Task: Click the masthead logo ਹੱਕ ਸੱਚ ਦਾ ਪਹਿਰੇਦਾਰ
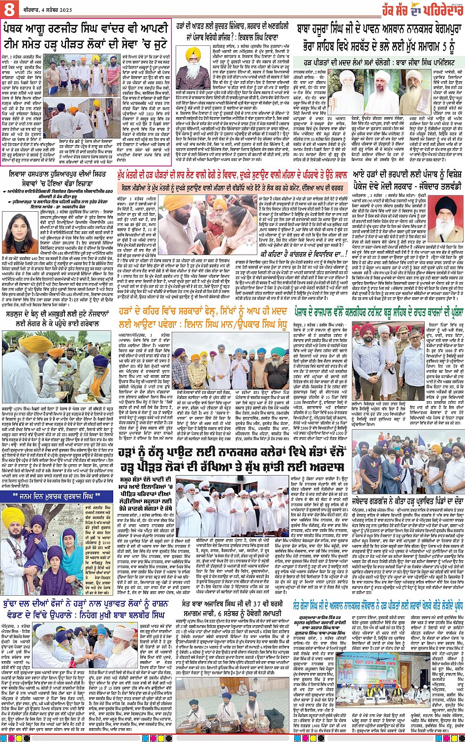(423, 9)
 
